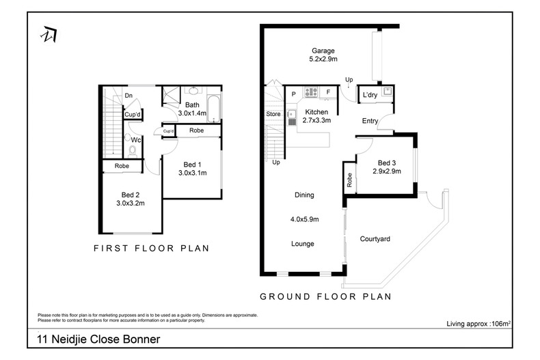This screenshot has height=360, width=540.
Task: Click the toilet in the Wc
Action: pos(133,150)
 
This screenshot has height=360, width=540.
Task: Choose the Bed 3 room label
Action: pos(386,163)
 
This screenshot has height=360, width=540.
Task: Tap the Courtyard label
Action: pos(375,239)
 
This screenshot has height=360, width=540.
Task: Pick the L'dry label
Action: pos(370,94)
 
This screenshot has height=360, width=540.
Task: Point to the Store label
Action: pos(273,113)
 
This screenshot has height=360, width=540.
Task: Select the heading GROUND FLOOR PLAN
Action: pos(325,296)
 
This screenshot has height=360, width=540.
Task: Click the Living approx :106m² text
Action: pos(478,322)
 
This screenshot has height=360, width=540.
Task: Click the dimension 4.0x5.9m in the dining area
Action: pos(304,219)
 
